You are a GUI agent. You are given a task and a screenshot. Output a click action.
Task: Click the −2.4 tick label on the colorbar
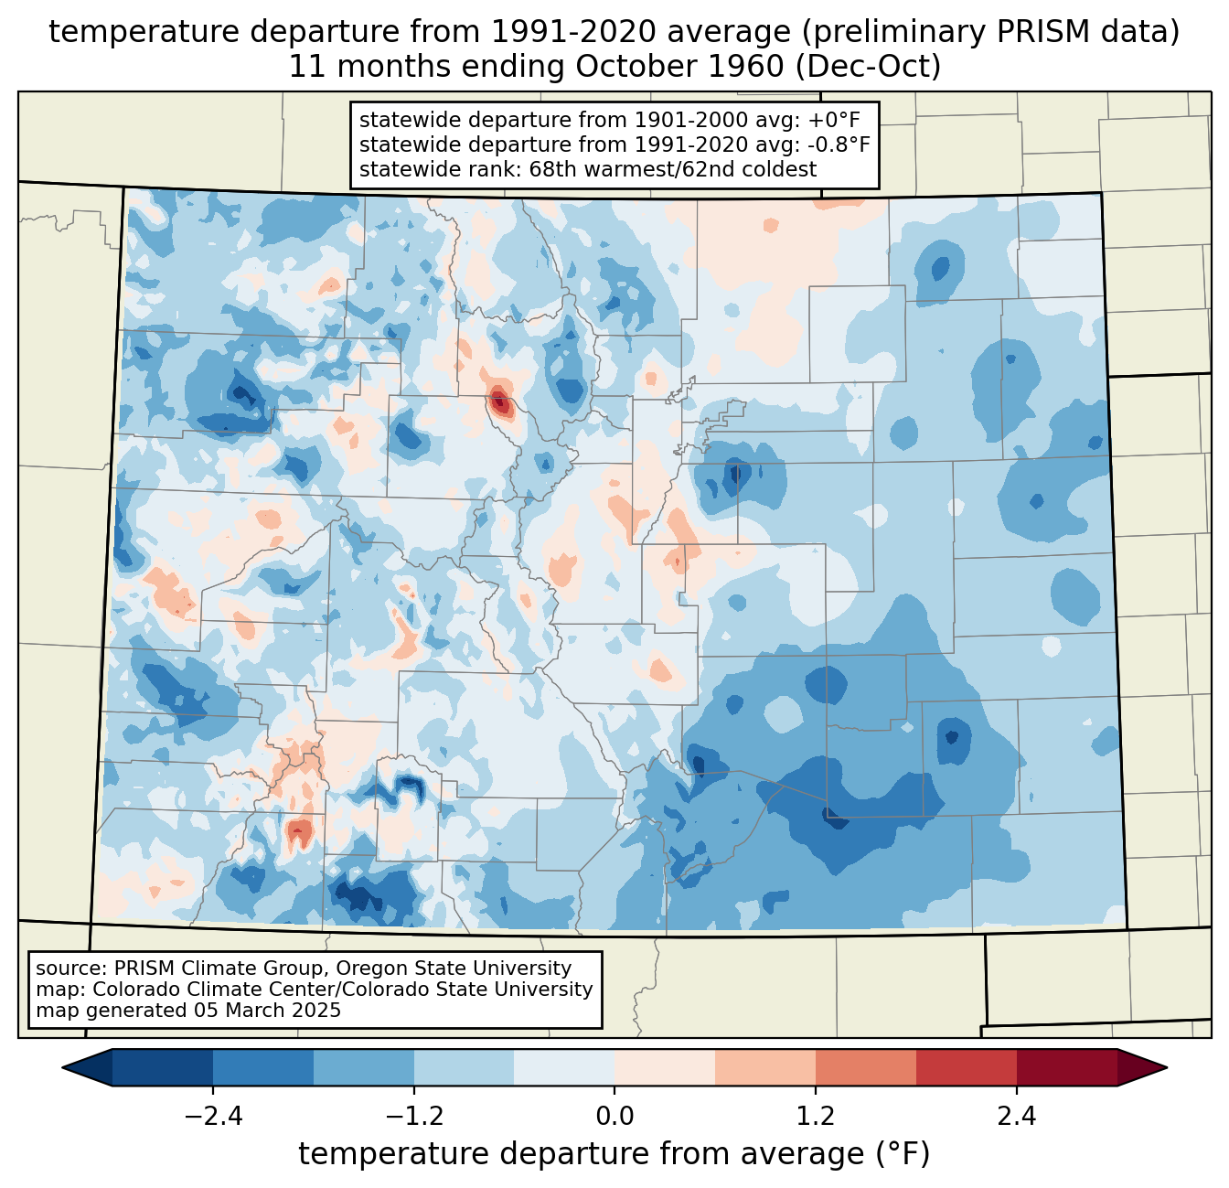coord(213,1117)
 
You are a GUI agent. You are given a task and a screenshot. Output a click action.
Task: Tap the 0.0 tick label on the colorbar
coord(614,1117)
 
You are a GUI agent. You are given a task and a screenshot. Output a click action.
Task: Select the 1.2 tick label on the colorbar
coord(816,1117)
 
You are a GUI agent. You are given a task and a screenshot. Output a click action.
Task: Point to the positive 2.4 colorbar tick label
coord(1016,1117)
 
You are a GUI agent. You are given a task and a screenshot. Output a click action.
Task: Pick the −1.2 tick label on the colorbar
coord(414,1117)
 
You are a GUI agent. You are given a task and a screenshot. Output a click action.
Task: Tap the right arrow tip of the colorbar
coord(1164,1067)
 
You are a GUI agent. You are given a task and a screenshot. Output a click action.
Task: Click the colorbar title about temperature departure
coord(614,1154)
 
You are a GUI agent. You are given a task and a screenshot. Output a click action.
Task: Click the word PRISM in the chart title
coord(1046,32)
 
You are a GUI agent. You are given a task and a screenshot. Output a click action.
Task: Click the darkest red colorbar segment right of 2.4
coord(1066,1067)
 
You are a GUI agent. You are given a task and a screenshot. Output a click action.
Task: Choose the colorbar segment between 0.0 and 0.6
coord(665,1067)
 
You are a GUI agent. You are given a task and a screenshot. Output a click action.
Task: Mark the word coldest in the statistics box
coord(783,169)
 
